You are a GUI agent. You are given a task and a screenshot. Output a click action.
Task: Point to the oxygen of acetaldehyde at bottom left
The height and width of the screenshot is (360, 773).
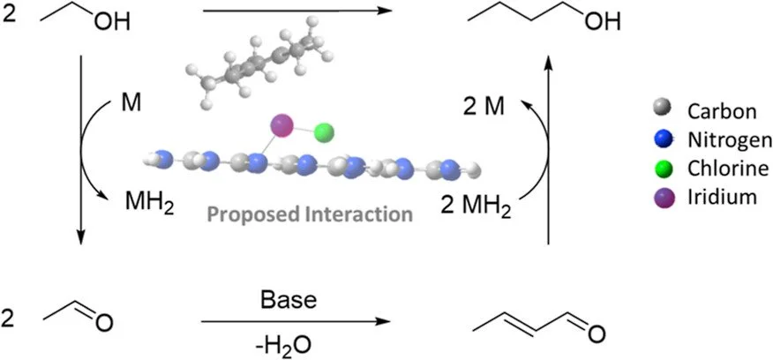pyautogui.click(x=104, y=329)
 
